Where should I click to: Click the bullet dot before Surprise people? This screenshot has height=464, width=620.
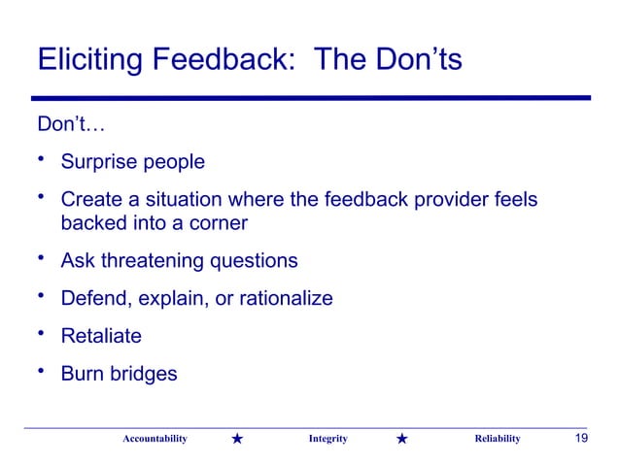[x=42, y=160]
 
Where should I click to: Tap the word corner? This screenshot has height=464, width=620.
[x=216, y=223]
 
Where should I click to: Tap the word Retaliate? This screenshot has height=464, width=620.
[x=101, y=336]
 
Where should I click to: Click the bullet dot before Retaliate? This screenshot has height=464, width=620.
[x=42, y=334]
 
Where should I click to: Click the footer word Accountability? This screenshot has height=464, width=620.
[x=154, y=440]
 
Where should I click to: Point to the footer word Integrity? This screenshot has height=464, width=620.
[x=327, y=440]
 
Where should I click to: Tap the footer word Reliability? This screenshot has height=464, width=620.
[x=497, y=440]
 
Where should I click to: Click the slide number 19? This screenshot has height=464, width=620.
[x=581, y=439]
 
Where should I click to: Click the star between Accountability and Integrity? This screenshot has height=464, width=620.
[x=238, y=440]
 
